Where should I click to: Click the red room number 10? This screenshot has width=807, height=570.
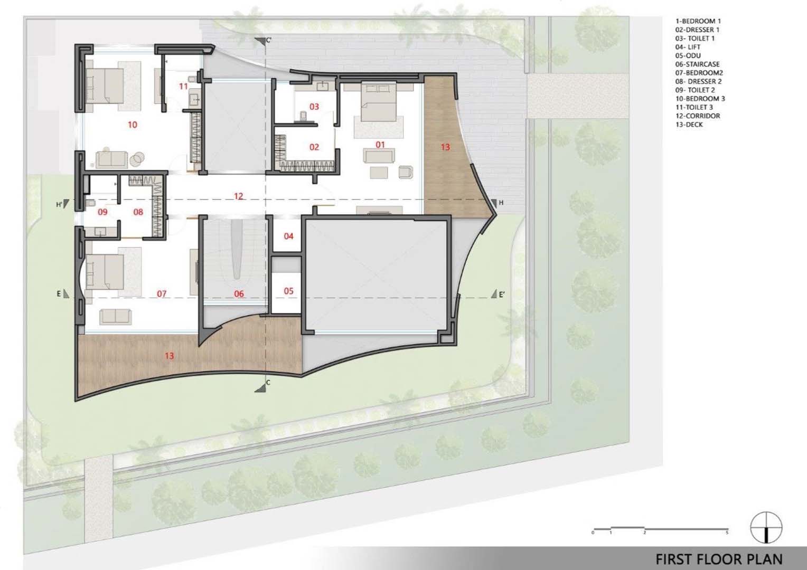tap(133, 125)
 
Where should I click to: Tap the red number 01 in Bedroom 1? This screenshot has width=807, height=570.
tap(380, 145)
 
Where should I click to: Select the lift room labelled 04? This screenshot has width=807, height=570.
tap(288, 236)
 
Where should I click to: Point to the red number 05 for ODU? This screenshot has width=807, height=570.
tap(288, 291)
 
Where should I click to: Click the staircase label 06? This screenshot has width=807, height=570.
tap(239, 294)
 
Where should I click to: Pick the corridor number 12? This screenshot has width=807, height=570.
tap(239, 196)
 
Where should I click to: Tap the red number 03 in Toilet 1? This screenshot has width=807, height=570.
tap(314, 107)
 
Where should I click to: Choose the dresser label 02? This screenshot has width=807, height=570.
tap(314, 147)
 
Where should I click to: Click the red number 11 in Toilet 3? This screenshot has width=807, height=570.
tap(183, 87)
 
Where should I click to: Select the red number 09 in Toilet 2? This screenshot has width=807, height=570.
tap(102, 212)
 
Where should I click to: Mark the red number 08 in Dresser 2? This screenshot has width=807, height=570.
tap(138, 212)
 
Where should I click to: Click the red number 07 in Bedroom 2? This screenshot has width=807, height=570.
tap(162, 294)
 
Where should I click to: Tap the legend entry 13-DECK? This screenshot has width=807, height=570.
tap(689, 125)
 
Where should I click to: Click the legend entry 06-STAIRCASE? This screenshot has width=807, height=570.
tap(697, 64)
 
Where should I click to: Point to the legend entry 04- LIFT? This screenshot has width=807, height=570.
tap(688, 47)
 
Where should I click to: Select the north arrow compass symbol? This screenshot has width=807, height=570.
tap(766, 527)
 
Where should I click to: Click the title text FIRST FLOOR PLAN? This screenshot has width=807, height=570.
tap(719, 559)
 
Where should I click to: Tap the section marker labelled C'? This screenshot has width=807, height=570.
tap(262, 40)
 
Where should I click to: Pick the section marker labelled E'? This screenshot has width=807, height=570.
tap(498, 294)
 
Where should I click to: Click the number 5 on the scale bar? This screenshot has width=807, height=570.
tap(727, 533)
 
